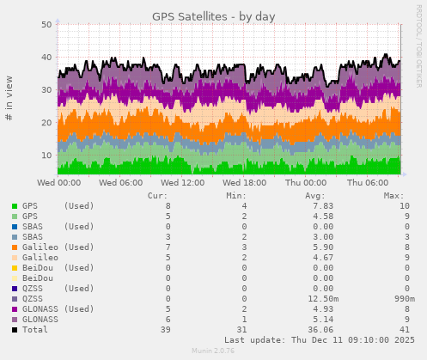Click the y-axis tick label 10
coord(47,155)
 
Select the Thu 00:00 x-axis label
coord(306,183)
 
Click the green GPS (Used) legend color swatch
coord(15,206)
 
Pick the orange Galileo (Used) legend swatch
coord(15,247)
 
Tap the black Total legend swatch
coord(15,330)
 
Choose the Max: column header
coord(393,195)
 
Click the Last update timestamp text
coord(319,340)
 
